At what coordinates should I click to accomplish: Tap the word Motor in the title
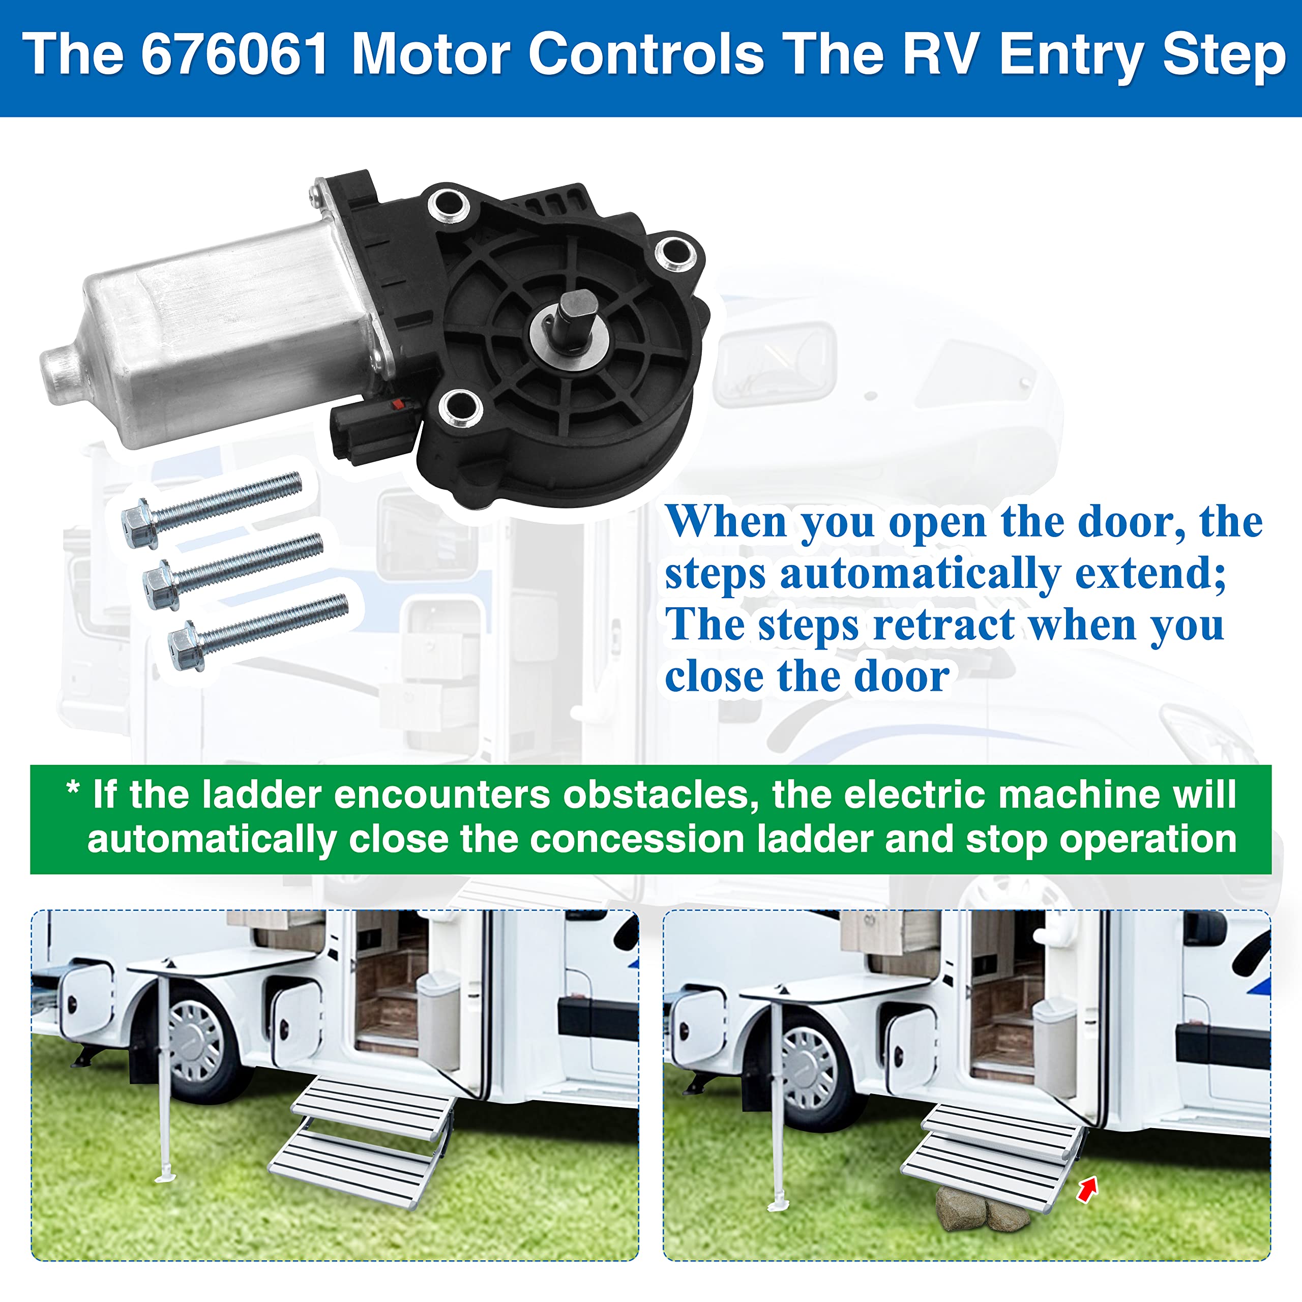[x=432, y=54]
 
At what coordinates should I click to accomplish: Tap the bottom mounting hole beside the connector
[x=460, y=406]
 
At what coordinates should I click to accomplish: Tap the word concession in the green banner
[x=636, y=839]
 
